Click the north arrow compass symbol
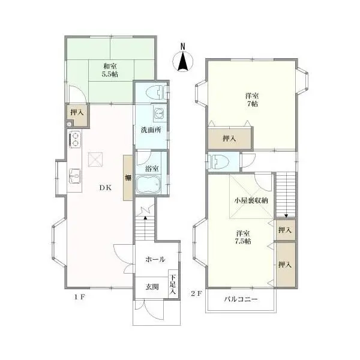pyautogui.click(x=183, y=61)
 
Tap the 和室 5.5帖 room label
pyautogui.click(x=110, y=70)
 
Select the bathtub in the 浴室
pyautogui.click(x=148, y=184)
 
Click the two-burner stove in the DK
pyautogui.click(x=75, y=139)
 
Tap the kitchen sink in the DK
pyautogui.click(x=75, y=176)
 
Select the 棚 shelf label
pyautogui.click(x=128, y=178)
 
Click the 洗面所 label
pyautogui.click(x=151, y=130)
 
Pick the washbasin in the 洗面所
pyautogui.click(x=158, y=113)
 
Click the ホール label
pyautogui.click(x=155, y=259)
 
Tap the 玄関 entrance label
pyautogui.click(x=152, y=287)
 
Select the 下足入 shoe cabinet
pyautogui.click(x=173, y=284)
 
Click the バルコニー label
pyautogui.click(x=241, y=299)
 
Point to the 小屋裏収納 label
pyautogui.click(x=251, y=200)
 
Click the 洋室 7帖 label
pyautogui.click(x=252, y=100)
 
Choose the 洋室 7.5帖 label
pyautogui.click(x=243, y=238)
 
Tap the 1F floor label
pyautogui.click(x=80, y=297)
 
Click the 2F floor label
pyautogui.click(x=197, y=293)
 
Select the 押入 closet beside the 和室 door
pyautogui.click(x=77, y=115)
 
